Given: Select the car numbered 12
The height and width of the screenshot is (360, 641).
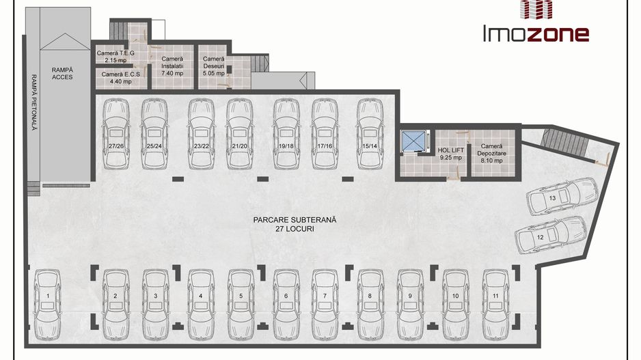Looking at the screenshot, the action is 551,235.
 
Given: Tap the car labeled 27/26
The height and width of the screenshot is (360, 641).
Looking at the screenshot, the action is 116,134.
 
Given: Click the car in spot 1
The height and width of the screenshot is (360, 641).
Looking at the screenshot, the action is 48,305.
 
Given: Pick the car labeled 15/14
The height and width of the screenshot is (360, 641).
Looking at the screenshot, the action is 370,134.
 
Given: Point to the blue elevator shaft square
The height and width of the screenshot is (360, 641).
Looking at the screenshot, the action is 413,141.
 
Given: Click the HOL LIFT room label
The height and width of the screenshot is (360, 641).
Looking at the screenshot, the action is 450,154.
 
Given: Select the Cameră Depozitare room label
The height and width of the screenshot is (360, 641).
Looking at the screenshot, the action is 491,153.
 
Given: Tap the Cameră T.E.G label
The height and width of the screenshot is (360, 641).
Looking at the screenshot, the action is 115,57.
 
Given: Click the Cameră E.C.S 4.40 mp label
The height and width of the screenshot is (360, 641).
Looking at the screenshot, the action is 120,78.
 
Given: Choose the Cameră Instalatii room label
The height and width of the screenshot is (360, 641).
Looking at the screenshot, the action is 172,66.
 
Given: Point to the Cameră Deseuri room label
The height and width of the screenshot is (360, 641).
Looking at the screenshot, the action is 214,66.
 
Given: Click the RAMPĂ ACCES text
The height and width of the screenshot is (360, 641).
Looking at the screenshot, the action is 62,74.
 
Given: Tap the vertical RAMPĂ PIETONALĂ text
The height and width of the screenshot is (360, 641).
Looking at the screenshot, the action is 34,102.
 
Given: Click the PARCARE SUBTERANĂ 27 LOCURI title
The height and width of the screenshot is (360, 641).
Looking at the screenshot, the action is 295,224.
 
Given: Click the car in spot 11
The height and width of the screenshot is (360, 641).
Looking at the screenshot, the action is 496,305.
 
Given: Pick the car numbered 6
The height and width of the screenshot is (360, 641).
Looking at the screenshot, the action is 286,305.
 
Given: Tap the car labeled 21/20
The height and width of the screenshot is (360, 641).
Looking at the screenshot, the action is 240,134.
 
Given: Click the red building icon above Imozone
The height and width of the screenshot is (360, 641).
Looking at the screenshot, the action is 536,10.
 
